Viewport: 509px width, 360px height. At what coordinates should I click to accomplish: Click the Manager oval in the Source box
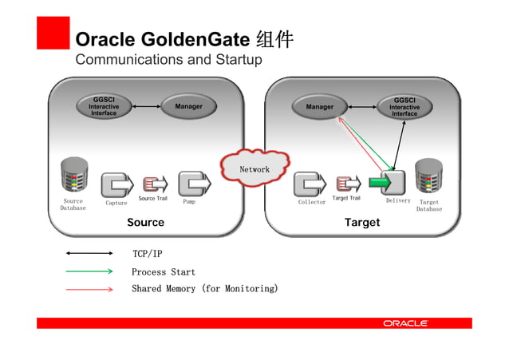pyautogui.click(x=188, y=106)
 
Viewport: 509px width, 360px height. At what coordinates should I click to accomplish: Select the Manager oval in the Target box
pyautogui.click(x=320, y=106)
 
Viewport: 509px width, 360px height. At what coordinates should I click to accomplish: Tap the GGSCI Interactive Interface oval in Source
pyautogui.click(x=104, y=106)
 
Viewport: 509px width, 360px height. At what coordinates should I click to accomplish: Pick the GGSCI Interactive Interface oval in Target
pyautogui.click(x=404, y=106)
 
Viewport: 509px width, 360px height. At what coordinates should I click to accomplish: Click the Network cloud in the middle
pyautogui.click(x=254, y=168)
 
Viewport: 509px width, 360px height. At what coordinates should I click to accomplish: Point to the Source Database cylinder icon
pyautogui.click(x=73, y=176)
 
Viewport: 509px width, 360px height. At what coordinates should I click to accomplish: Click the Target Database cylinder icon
pyautogui.click(x=428, y=176)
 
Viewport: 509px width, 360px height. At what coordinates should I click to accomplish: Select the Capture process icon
pyautogui.click(x=116, y=184)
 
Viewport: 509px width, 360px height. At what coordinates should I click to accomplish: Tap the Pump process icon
pyautogui.click(x=193, y=184)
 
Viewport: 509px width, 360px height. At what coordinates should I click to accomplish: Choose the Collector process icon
pyautogui.click(x=310, y=184)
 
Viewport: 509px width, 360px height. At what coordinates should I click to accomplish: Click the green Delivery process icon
pyautogui.click(x=389, y=183)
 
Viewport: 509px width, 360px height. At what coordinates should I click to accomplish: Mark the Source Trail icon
pyautogui.click(x=153, y=184)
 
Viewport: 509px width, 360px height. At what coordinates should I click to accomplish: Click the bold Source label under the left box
pyautogui.click(x=145, y=223)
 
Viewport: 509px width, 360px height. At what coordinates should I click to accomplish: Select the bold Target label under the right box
pyautogui.click(x=362, y=223)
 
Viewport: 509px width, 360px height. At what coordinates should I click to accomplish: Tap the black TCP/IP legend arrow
pyautogui.click(x=89, y=254)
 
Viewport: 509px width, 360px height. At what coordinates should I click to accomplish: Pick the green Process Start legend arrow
pyautogui.click(x=89, y=271)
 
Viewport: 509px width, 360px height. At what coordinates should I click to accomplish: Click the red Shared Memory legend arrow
pyautogui.click(x=89, y=289)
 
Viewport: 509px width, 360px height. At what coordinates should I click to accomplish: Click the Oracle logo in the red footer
pyautogui.click(x=406, y=323)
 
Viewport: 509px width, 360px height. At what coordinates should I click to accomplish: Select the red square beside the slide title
pyautogui.click(x=53, y=34)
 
